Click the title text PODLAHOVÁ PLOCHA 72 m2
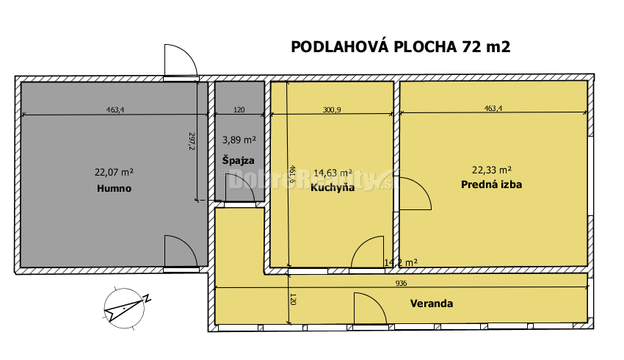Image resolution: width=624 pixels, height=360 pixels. pyautogui.click(x=400, y=48)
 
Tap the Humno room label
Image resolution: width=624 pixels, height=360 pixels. pyautogui.click(x=114, y=189)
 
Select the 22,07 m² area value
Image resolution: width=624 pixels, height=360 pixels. pyautogui.click(x=114, y=173)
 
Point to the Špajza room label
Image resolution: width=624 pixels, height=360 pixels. pyautogui.click(x=239, y=159)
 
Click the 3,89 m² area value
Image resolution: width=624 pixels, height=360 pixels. pyautogui.click(x=239, y=140)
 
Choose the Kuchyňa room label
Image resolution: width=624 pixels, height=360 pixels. pyautogui.click(x=332, y=187)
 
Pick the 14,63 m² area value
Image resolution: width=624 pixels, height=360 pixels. pyautogui.click(x=333, y=173)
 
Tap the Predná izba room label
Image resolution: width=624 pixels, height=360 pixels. pyautogui.click(x=492, y=184)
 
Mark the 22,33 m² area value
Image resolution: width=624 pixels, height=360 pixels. pyautogui.click(x=492, y=168)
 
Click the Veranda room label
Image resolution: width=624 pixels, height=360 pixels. pyautogui.click(x=431, y=303)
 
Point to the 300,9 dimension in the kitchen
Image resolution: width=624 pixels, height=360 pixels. pyautogui.click(x=332, y=110)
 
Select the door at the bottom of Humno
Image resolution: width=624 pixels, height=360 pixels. pyautogui.click(x=180, y=252)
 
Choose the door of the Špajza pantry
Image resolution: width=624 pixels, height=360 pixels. pyautogui.click(x=242, y=191)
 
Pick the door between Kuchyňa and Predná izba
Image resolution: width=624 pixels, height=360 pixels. pyautogui.click(x=414, y=195)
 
